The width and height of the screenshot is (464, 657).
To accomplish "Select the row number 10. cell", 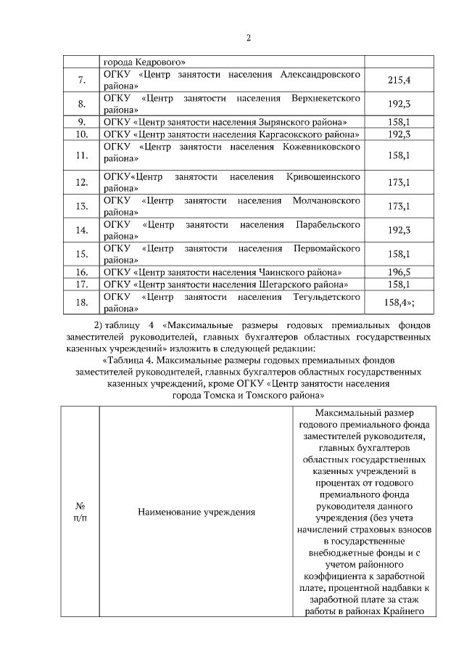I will [82, 134].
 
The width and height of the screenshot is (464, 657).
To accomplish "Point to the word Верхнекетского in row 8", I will [327, 97].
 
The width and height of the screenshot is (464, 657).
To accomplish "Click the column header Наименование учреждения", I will [196, 512].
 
